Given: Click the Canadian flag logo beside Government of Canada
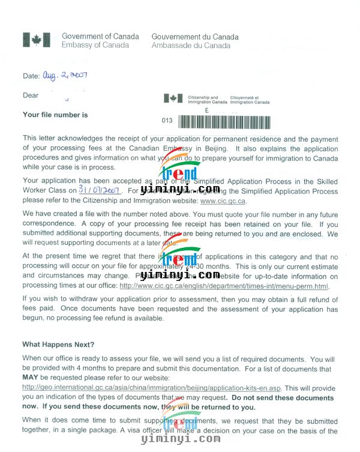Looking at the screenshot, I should point(37,40).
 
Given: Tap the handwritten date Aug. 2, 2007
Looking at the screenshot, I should point(64,76).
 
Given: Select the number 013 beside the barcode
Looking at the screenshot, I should point(167,121).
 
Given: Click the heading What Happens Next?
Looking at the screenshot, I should point(58,345).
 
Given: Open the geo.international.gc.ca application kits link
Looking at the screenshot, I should point(152,388).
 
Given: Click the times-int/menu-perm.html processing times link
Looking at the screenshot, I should point(224,286).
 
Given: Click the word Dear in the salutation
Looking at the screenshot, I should point(31,95).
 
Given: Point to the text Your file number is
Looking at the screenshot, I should point(55,115).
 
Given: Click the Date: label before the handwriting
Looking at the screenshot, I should point(31,77).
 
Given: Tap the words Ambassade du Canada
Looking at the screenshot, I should point(191,46).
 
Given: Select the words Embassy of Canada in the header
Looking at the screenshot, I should point(95,46).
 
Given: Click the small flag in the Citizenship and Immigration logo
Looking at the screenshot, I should point(175,98).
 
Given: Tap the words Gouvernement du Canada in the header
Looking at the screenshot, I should point(195,37).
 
